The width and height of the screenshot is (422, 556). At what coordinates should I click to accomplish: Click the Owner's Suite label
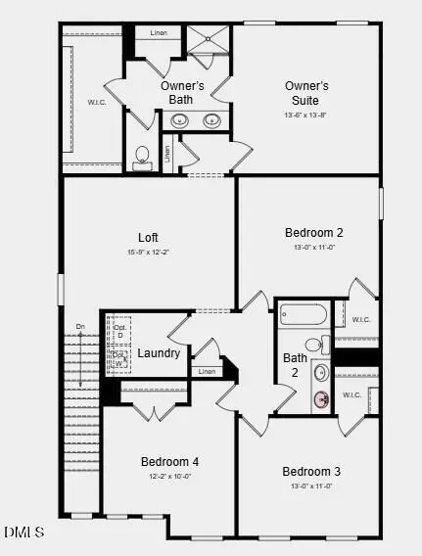[306, 93]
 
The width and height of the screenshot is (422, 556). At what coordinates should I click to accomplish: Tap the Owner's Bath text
[182, 92]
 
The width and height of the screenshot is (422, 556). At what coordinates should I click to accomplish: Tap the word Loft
[148, 237]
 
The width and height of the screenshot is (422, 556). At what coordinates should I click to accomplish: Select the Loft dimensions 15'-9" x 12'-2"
[148, 252]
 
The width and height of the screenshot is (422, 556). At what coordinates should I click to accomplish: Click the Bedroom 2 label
[313, 232]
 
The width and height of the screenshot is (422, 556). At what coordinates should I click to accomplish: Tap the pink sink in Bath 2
[321, 398]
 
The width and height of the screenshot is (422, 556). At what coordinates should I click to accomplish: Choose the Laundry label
[159, 352]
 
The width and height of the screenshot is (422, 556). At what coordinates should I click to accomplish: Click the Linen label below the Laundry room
[207, 372]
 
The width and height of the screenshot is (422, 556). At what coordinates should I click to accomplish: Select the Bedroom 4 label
[169, 461]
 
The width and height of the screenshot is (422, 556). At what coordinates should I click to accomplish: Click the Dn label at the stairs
[80, 326]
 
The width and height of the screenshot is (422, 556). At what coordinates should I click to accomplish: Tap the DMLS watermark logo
[23, 533]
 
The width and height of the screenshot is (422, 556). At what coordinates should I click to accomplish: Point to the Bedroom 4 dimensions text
[169, 477]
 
